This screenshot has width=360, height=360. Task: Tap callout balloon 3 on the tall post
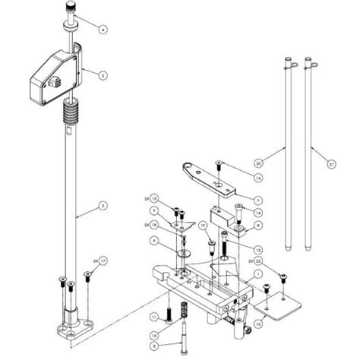pyautogui.click(x=104, y=206)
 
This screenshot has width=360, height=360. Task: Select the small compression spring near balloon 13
pyautogui.click(x=182, y=312)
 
